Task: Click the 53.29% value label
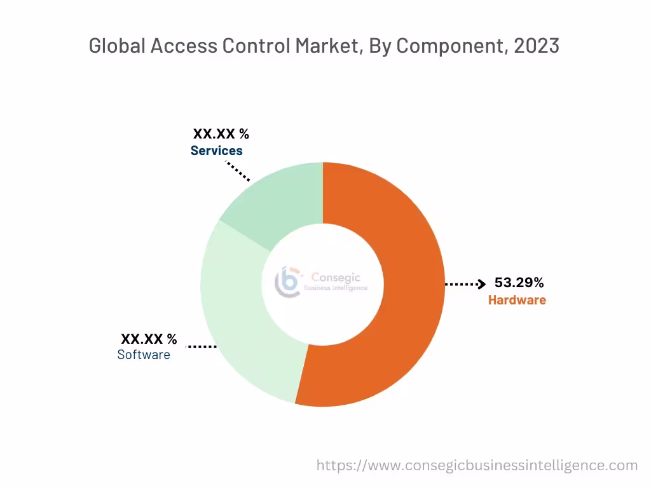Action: pos(519,283)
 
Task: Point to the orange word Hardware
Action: pos(517,300)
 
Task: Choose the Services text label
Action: pos(217,151)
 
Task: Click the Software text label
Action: pos(144,355)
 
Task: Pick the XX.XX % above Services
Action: pos(221,134)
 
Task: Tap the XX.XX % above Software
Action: pos(149,339)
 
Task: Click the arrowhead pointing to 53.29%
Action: pos(482,284)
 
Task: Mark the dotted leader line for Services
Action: pos(238,170)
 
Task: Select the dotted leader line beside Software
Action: pos(201,346)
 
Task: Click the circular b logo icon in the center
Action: pos(287,281)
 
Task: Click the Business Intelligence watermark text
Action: pos(336,288)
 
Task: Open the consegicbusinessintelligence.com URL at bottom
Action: pos(477,465)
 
